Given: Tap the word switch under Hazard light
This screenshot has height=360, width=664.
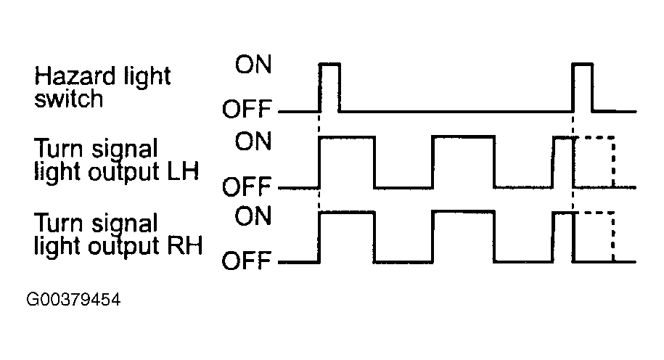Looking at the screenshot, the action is (69, 99).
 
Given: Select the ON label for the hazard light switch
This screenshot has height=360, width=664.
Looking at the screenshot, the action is (253, 65).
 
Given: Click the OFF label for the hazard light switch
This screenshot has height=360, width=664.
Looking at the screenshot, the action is (247, 109).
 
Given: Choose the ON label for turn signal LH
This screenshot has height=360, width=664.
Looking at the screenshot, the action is (253, 141).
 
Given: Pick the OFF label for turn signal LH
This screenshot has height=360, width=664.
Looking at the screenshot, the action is (247, 187).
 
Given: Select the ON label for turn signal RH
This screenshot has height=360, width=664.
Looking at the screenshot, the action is (253, 216).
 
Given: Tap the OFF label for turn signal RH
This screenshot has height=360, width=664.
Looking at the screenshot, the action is (247, 261).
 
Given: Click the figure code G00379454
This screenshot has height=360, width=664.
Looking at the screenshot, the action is (73, 300).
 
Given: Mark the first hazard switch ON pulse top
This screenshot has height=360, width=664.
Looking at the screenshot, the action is (329, 64).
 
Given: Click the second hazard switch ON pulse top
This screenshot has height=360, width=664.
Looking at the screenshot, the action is (582, 64).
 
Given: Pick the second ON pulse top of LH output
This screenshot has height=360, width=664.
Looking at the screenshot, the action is (463, 136).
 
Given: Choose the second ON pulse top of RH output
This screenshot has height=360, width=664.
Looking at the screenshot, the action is (463, 211).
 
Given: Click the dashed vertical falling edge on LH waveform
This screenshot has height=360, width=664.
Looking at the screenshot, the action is (613, 162).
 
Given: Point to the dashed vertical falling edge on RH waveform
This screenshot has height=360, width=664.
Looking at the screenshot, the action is (613, 237).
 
